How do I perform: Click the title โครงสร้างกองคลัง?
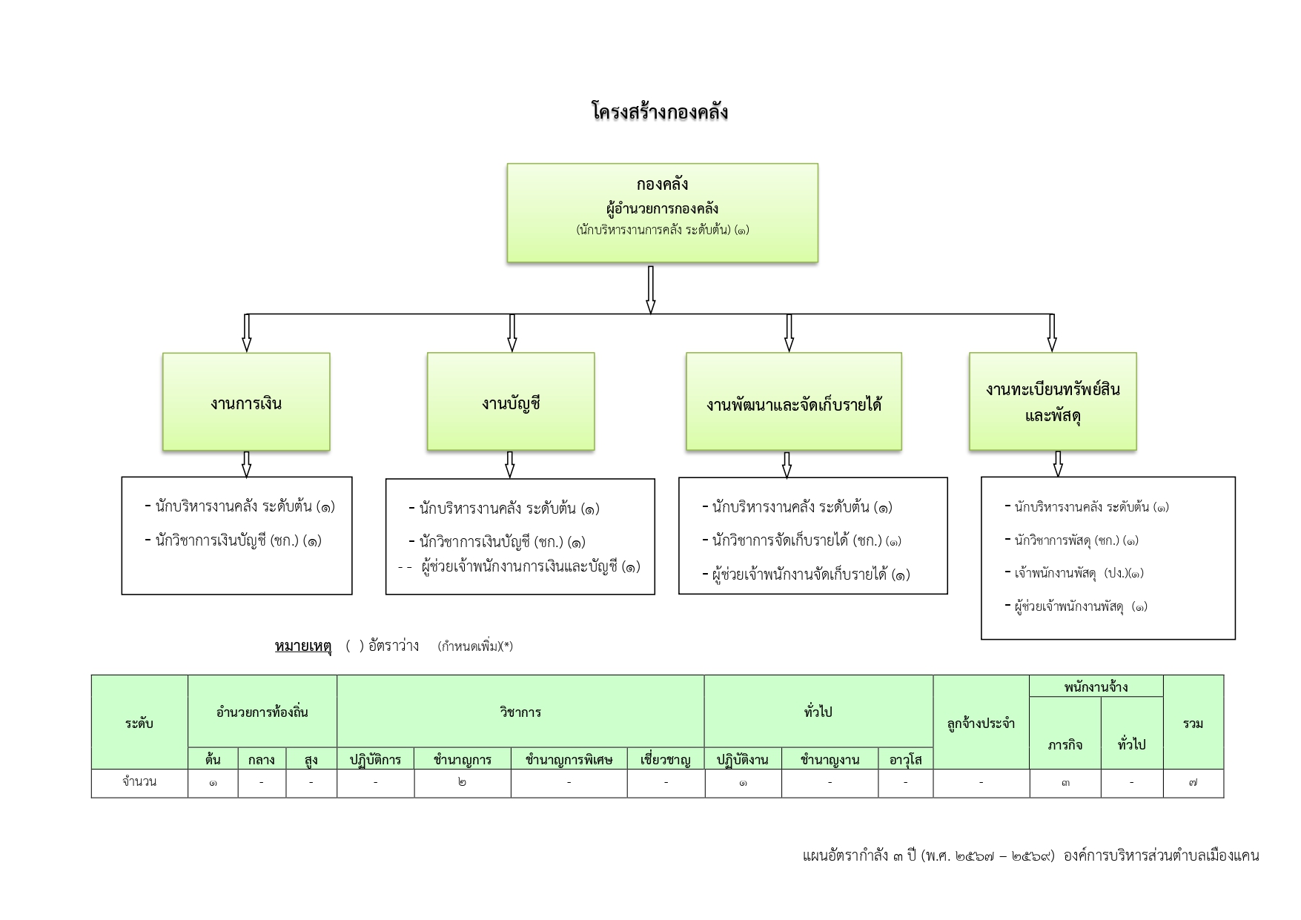[660, 112]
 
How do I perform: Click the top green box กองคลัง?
[662, 212]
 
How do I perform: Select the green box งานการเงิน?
[246, 402]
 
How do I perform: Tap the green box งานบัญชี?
[511, 402]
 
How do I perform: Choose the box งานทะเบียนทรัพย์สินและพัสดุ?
[1052, 402]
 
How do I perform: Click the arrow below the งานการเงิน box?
[246, 464]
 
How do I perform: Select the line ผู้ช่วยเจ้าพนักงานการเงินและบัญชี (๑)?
[529, 567]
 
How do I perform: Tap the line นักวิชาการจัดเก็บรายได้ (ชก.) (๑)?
[806, 540]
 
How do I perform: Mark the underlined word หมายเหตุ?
[302, 646]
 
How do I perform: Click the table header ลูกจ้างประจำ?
[981, 724]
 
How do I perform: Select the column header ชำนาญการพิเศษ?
[569, 759]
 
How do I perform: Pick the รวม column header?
[1193, 724]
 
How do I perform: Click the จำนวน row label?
[139, 781]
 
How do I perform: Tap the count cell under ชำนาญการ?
[463, 782]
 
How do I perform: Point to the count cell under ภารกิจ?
[1065, 782]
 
